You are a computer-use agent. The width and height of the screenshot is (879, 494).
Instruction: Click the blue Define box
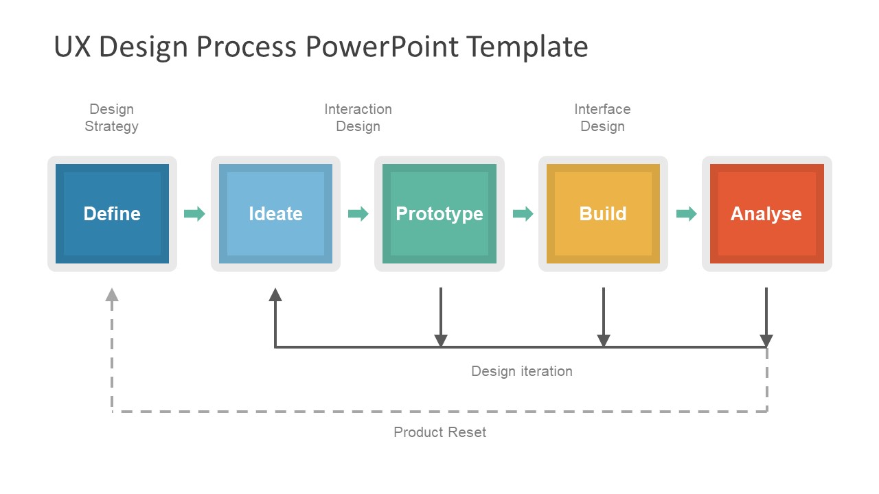pyautogui.click(x=112, y=213)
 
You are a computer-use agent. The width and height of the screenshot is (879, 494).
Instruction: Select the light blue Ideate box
pyautogui.click(x=275, y=213)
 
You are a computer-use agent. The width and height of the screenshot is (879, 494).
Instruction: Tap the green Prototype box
pyautogui.click(x=439, y=213)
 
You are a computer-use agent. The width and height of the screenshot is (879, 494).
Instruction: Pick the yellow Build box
pyautogui.click(x=603, y=213)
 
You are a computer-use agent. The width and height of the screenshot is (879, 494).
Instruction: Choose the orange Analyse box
pyautogui.click(x=766, y=213)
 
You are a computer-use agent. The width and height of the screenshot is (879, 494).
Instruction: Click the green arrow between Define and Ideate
pyautogui.click(x=194, y=213)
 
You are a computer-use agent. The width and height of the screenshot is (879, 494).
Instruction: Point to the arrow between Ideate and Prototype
pyautogui.click(x=358, y=213)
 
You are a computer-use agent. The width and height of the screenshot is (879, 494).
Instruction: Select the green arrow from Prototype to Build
pyautogui.click(x=523, y=213)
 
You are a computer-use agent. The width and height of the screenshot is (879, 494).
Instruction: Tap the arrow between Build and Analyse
pyautogui.click(x=686, y=213)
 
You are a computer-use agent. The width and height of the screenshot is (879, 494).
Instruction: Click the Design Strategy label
pyautogui.click(x=111, y=117)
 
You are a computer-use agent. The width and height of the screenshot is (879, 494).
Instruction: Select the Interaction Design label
pyautogui.click(x=358, y=117)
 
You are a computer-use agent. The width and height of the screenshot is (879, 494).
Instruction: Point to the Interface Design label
pyautogui.click(x=602, y=117)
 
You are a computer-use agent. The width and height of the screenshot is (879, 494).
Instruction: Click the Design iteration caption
pyautogui.click(x=521, y=371)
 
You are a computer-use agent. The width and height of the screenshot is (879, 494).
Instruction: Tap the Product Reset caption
pyautogui.click(x=439, y=432)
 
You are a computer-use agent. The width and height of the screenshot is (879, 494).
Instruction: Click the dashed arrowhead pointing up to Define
pyautogui.click(x=112, y=294)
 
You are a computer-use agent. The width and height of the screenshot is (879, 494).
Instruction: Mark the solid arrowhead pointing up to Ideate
pyautogui.click(x=275, y=294)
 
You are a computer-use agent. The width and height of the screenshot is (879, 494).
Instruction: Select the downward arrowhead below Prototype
pyautogui.click(x=441, y=340)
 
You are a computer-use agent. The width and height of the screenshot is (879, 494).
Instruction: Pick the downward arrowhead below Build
pyautogui.click(x=604, y=340)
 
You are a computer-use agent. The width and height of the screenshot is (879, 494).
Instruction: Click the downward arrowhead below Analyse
pyautogui.click(x=766, y=340)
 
